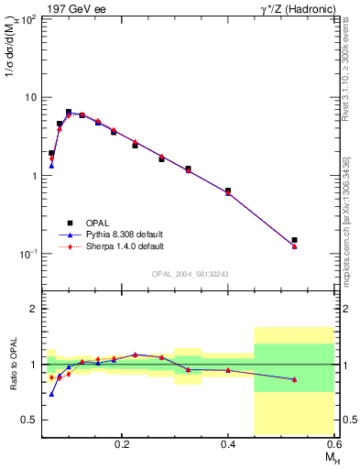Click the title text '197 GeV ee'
point(74,8)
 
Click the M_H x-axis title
point(328,456)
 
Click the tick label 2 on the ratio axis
point(34,310)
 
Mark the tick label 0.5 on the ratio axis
point(30,420)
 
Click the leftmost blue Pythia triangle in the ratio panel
point(51,394)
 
